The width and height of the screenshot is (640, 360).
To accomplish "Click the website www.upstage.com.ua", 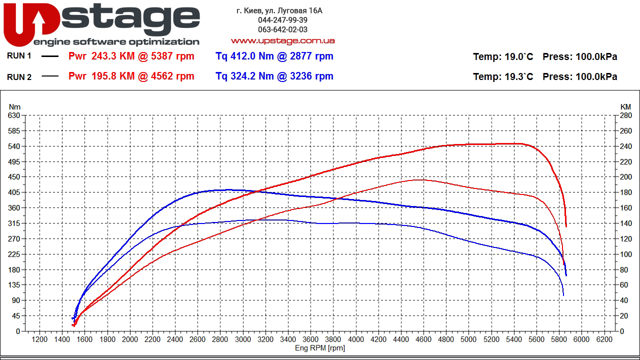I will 282,40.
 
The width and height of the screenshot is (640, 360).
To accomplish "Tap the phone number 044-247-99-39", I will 282,20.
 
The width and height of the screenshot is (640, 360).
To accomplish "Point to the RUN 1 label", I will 19,56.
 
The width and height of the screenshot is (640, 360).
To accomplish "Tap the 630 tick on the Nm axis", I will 14,115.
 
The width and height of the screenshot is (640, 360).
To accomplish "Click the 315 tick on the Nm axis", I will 14,223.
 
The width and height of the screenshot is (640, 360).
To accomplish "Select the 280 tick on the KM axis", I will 625,115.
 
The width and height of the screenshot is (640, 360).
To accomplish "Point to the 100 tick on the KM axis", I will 625,254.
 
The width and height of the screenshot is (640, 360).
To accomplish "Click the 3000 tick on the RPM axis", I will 243,339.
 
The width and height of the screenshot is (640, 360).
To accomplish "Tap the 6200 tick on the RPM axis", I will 604,339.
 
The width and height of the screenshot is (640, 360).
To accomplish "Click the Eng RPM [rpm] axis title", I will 320,348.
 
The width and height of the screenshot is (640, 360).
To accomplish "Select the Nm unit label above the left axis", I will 14,107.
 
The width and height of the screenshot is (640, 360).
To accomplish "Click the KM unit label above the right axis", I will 625,107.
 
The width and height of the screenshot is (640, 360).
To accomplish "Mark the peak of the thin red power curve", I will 419,179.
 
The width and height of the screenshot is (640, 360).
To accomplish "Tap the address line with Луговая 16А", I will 279,10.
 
